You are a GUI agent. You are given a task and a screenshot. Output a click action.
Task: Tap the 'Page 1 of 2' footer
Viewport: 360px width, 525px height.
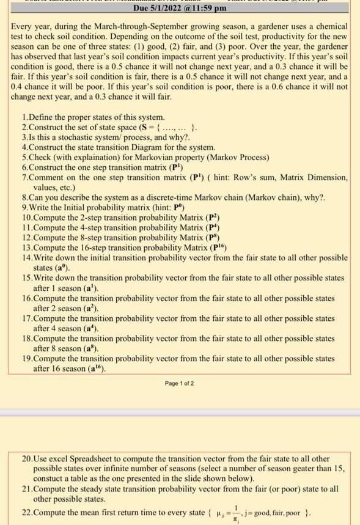180,383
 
